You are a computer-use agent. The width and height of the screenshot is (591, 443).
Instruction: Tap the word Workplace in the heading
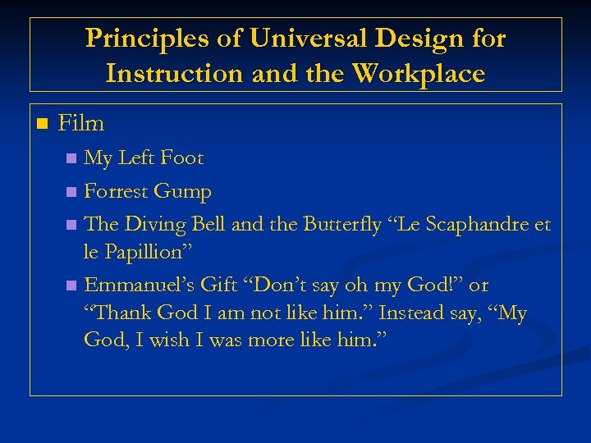pyautogui.click(x=419, y=74)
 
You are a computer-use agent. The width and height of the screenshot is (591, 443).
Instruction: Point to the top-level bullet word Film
pyautogui.click(x=81, y=124)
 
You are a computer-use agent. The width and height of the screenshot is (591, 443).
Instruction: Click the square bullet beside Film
pyautogui.click(x=42, y=125)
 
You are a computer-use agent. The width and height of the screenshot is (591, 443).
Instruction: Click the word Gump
pyautogui.click(x=184, y=192)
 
